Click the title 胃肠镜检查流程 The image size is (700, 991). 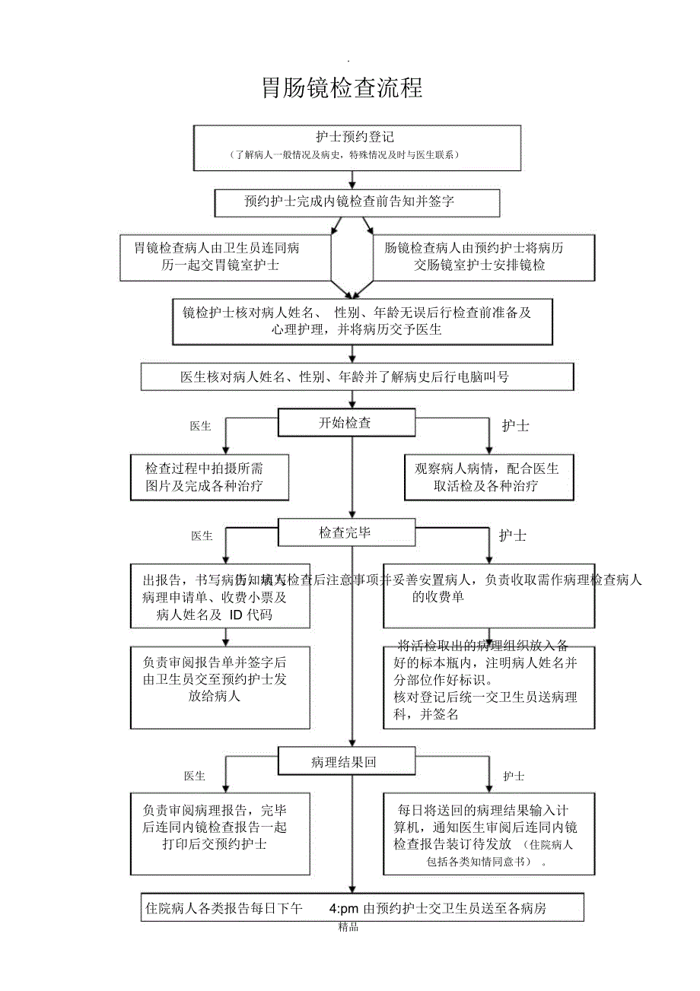point(342,88)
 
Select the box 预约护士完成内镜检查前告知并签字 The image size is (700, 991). point(357,202)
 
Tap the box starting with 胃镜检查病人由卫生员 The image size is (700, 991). point(226,257)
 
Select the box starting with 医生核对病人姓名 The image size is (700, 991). point(357,376)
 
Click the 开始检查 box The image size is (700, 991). point(346,423)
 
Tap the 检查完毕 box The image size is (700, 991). point(346,532)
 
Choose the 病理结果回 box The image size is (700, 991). point(346,761)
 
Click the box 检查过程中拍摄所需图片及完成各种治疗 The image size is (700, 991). point(209,477)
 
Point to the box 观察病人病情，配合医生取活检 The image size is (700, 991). point(488,477)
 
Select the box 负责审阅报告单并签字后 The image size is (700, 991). point(220,688)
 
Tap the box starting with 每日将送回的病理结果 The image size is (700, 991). point(488,833)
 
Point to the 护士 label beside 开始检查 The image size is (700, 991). point(515,426)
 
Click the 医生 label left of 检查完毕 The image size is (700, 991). point(202,536)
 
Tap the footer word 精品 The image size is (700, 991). point(348,927)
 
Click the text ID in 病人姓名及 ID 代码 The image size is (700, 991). point(235,615)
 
